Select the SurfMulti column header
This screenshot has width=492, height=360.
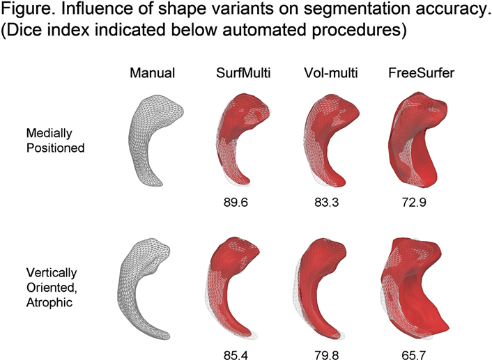tap(240, 72)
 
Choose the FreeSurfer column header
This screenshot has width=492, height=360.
tap(417, 72)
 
